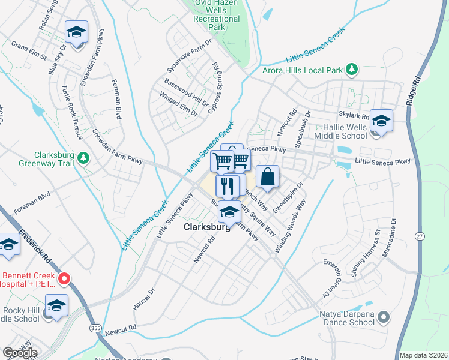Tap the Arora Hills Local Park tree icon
(352, 70)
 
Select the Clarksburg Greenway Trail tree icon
(85, 158)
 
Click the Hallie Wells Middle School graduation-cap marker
(381, 121)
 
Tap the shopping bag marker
(267, 177)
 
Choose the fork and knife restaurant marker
(227, 185)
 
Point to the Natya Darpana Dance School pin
(385, 316)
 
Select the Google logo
(19, 353)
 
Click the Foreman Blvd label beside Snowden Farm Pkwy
(116, 100)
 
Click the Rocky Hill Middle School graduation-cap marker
(56, 306)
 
